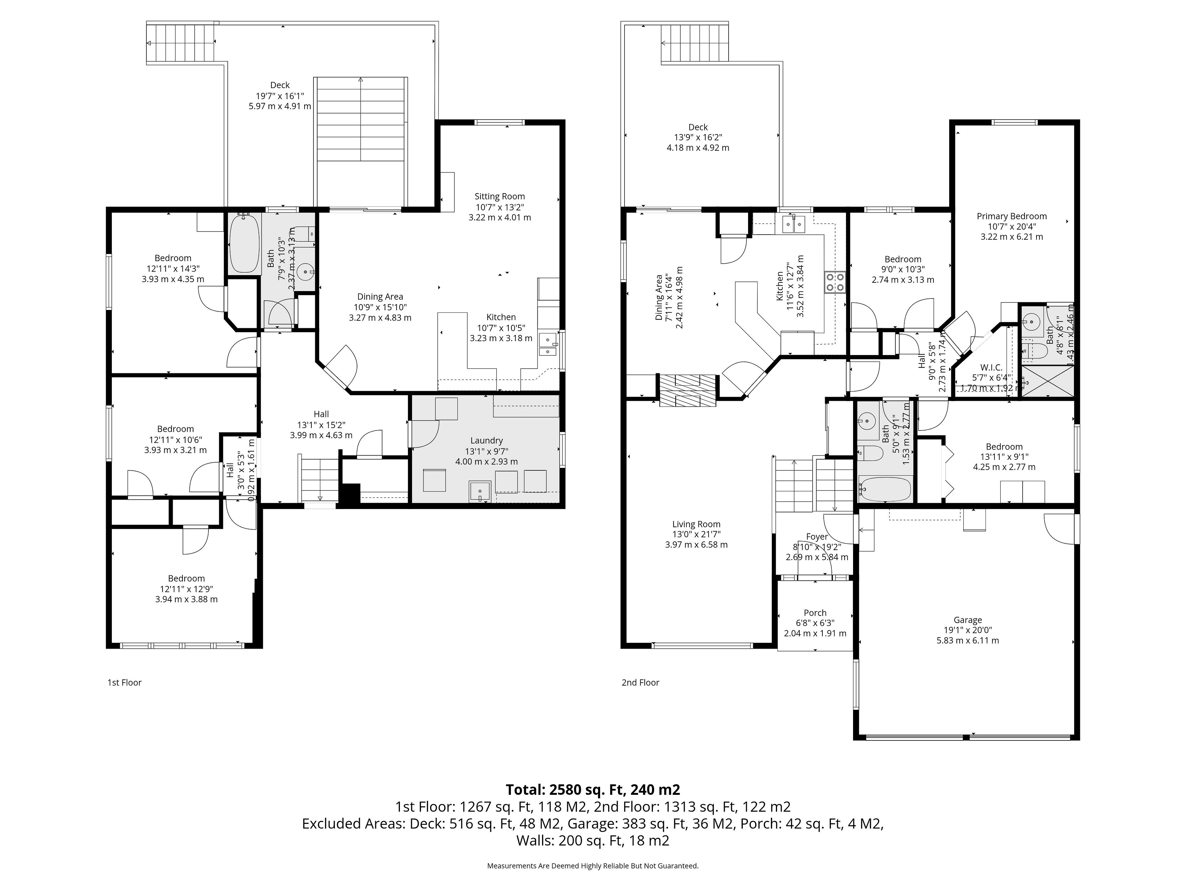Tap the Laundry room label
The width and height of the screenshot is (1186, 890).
(x=486, y=440)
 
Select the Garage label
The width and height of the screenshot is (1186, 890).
(x=967, y=620)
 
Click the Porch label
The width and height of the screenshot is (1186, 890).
(x=815, y=612)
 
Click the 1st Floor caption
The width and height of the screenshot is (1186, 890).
(x=124, y=682)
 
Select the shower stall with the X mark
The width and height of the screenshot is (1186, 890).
(x=1047, y=381)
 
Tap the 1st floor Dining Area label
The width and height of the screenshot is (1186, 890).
(x=380, y=297)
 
